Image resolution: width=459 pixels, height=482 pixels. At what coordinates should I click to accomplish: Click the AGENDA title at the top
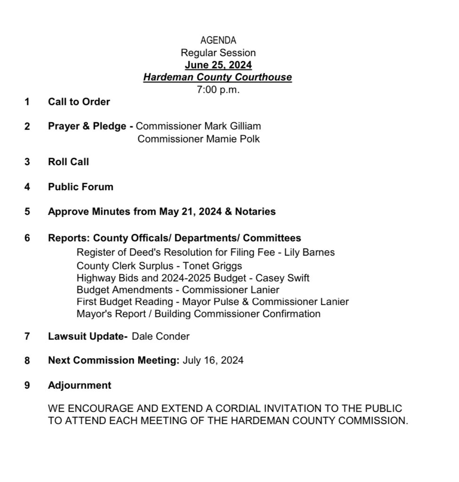[218, 40]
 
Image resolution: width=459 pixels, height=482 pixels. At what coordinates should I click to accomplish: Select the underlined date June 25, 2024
[218, 65]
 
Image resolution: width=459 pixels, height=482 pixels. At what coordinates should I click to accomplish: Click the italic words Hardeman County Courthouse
[218, 77]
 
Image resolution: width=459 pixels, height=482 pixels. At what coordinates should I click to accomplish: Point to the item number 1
[27, 101]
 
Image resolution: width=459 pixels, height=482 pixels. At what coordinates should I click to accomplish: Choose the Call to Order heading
[79, 101]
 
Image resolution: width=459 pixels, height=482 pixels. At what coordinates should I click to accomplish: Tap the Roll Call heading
[68, 162]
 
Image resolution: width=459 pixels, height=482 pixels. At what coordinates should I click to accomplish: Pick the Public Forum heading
[81, 187]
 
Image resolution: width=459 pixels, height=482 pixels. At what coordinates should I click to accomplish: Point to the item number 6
[27, 238]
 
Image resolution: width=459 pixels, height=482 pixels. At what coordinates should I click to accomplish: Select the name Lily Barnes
[313, 252]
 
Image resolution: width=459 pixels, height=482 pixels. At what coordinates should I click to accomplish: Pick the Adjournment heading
[80, 386]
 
